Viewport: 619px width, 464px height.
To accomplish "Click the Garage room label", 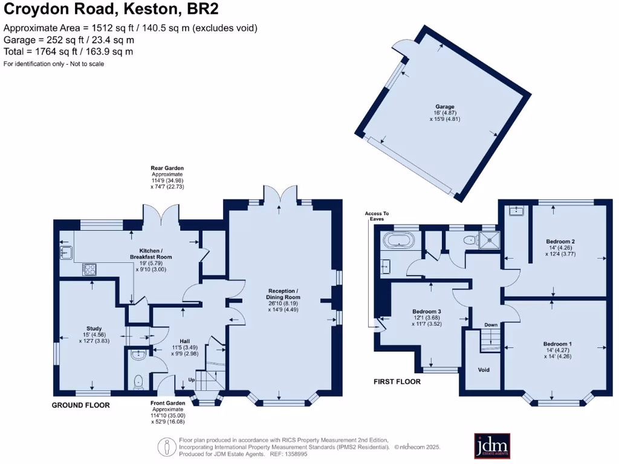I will [445, 107].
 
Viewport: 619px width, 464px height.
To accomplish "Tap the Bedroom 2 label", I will [560, 242].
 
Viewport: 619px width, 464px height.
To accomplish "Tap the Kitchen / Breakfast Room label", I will [151, 254].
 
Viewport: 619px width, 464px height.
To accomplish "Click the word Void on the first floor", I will [484, 370].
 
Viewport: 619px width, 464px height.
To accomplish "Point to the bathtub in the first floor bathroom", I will [400, 243].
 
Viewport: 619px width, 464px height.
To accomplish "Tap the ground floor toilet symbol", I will [138, 380].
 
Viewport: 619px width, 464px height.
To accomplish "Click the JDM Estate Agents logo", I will [491, 446].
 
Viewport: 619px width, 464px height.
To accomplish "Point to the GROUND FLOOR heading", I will [80, 405].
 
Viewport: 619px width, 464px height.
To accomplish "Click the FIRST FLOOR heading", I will [397, 382].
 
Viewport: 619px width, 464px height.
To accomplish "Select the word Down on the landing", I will [490, 325].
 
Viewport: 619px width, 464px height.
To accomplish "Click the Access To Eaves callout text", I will [377, 216].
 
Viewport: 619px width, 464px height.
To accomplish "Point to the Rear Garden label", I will [167, 168].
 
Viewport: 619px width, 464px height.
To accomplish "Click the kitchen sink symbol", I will [66, 251].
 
